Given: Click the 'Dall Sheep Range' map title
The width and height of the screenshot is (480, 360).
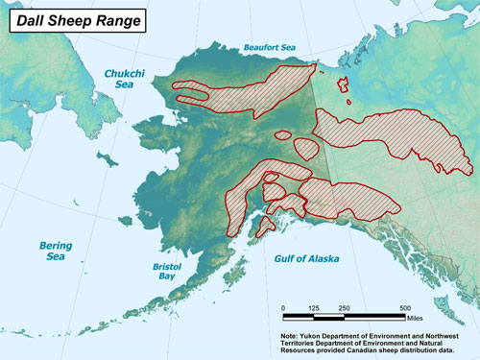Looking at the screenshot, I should pos(73,19).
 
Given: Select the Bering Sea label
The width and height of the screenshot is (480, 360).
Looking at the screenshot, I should pos(56,251).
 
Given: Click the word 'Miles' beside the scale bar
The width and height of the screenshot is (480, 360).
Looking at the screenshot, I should pos(415,317).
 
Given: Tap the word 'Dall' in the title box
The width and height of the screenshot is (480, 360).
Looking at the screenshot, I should pos(32,19).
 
